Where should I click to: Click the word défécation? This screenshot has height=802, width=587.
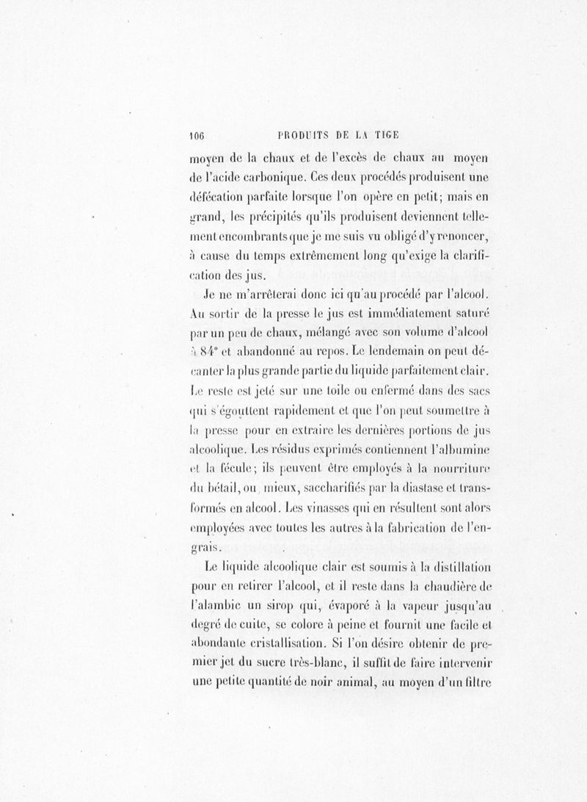[x=216, y=197]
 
